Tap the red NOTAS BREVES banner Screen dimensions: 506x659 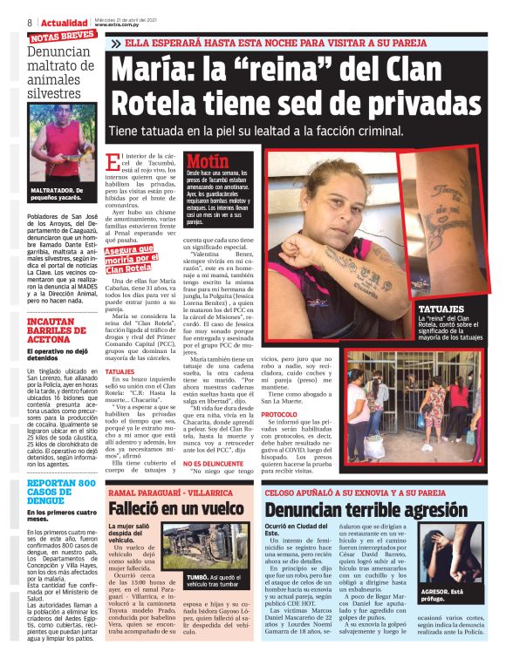click(62, 37)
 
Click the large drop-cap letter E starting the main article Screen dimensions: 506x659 click(113, 163)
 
